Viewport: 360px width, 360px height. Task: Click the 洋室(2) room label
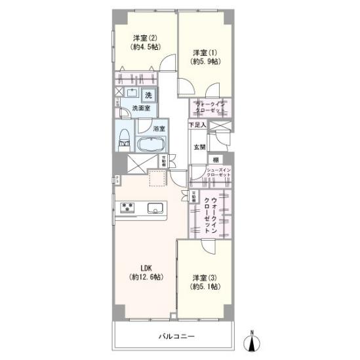click(x=146, y=41)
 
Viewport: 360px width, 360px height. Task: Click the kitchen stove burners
click(x=127, y=208)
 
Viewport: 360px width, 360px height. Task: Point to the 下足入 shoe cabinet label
click(x=197, y=124)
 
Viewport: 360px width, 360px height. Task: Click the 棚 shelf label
click(x=214, y=160)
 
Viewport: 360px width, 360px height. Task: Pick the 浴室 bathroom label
click(x=159, y=129)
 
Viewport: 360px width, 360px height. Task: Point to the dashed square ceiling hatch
click(x=157, y=178)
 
